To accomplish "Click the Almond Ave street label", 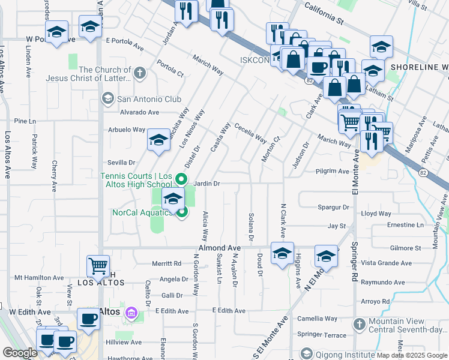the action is pyautogui.click(x=220, y=248).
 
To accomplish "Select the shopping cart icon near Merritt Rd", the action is pyautogui.click(x=98, y=265).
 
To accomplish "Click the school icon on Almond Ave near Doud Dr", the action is pyautogui.click(x=282, y=253).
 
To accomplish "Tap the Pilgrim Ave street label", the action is pyautogui.click(x=333, y=171).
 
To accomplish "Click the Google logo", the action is pyautogui.click(x=20, y=353).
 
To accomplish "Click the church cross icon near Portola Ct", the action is pyautogui.click(x=140, y=73).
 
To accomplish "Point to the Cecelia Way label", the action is pyautogui.click(x=251, y=133).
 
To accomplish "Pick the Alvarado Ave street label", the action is pyautogui.click(x=139, y=112).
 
